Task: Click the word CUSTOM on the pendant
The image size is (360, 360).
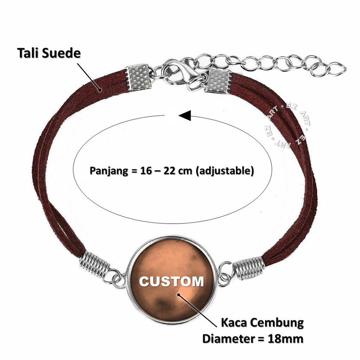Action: click(172, 281)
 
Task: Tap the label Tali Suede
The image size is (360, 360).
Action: click(49, 53)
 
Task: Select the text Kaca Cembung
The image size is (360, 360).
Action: click(262, 323)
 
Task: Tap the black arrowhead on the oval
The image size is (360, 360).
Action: click(185, 115)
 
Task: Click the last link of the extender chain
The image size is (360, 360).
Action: click(336, 69)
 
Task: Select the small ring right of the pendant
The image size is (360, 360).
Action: click(225, 274)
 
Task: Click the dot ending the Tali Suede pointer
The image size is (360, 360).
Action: click(100, 90)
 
